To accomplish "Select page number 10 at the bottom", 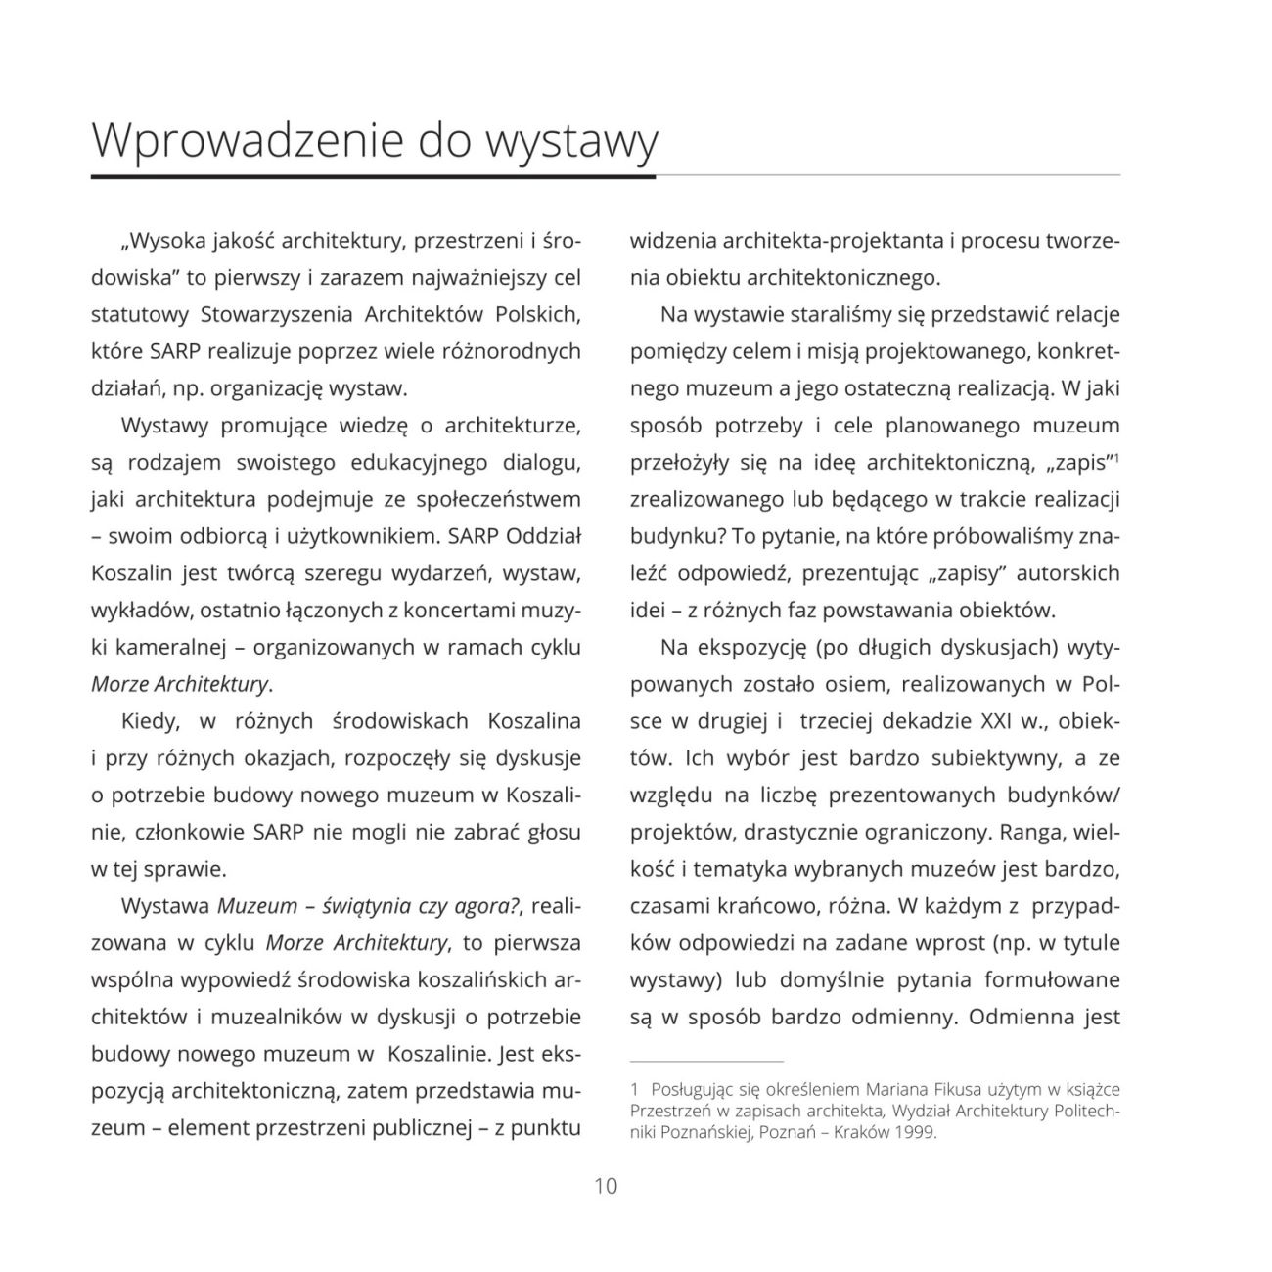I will click(606, 1186).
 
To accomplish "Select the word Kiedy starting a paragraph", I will click(150, 721).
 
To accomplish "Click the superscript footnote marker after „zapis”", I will click(1116, 456).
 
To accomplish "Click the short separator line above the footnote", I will click(706, 1061).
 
